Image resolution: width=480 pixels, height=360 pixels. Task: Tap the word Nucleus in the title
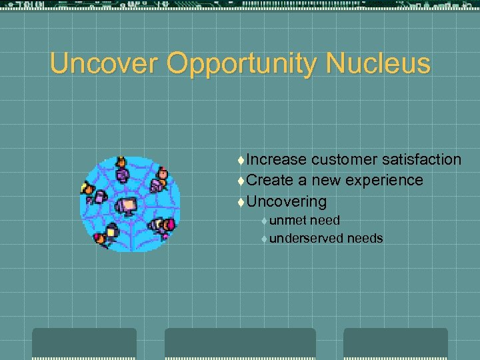[379, 64]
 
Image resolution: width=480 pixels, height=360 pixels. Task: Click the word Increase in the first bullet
[276, 159]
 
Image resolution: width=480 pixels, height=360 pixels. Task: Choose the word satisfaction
[421, 159]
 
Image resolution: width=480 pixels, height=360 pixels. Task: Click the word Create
[269, 180]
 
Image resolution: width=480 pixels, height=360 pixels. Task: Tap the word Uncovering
[286, 201]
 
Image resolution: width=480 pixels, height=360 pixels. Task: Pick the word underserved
[307, 238]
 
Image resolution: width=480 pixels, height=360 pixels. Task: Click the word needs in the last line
[365, 238]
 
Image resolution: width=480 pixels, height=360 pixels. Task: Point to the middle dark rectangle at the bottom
[240, 343]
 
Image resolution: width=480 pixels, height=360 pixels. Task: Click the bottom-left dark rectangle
[84, 343]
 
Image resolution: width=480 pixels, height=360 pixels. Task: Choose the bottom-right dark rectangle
[395, 343]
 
